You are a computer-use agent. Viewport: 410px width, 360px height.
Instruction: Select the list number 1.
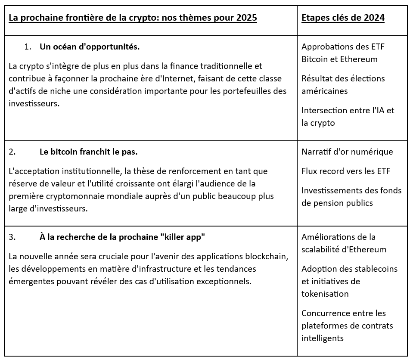[28, 47]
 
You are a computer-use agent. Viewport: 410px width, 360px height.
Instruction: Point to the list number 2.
[12, 152]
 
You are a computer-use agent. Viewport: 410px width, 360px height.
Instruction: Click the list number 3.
[12, 237]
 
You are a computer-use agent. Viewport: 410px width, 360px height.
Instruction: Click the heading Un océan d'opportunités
[90, 47]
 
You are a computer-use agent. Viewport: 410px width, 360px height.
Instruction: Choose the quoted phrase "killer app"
[184, 237]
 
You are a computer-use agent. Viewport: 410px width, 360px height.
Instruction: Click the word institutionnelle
[87, 171]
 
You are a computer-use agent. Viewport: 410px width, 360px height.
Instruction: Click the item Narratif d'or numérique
[347, 152]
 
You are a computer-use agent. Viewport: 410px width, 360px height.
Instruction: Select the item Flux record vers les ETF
[346, 171]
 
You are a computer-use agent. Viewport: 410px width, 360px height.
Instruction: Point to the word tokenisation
[325, 294]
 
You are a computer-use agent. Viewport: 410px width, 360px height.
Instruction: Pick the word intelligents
[323, 338]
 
